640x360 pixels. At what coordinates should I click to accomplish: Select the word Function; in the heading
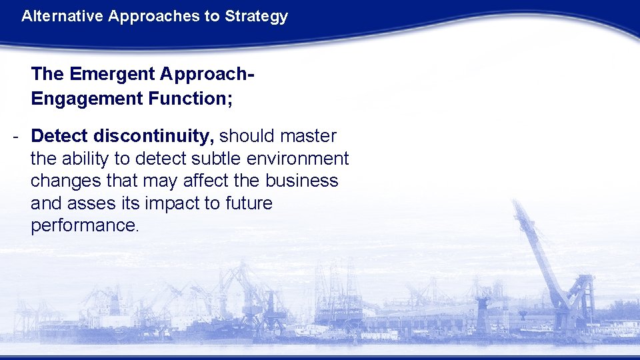pyautogui.click(x=189, y=99)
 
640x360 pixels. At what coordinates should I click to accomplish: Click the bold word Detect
pyautogui.click(x=59, y=136)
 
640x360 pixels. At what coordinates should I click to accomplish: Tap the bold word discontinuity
pyautogui.click(x=154, y=136)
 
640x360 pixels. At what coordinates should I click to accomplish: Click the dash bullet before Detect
pyautogui.click(x=15, y=137)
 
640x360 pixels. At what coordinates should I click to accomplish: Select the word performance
pyautogui.click(x=83, y=225)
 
